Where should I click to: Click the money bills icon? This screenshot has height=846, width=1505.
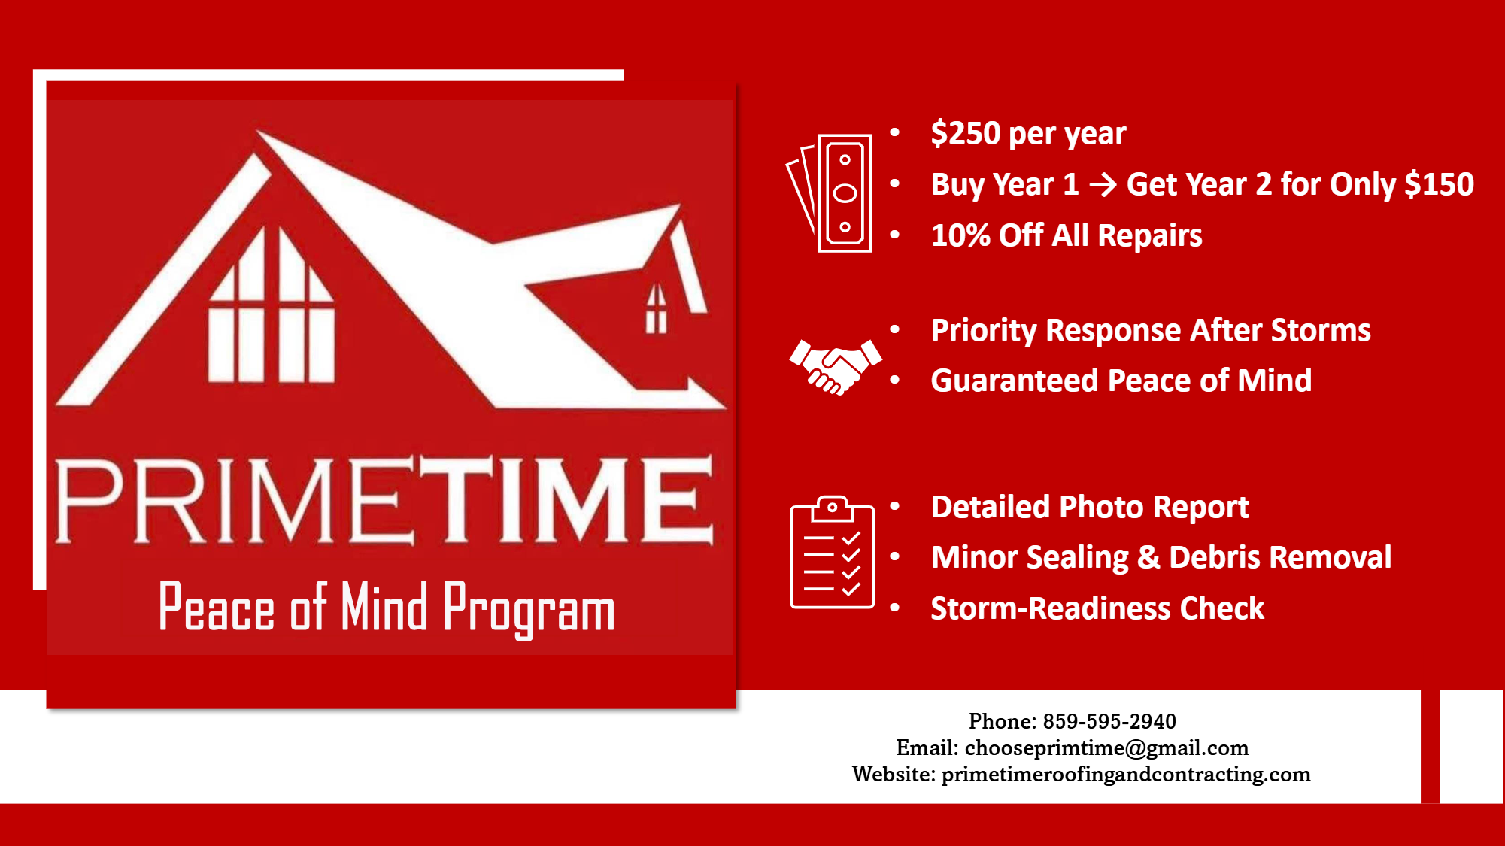pyautogui.click(x=831, y=193)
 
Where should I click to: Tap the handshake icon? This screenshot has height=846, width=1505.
pyautogui.click(x=835, y=367)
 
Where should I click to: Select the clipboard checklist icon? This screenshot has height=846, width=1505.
pyautogui.click(x=832, y=552)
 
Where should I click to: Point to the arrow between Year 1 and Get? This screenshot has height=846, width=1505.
pyautogui.click(x=1103, y=185)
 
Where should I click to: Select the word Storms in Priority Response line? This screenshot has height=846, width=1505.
pyautogui.click(x=1321, y=330)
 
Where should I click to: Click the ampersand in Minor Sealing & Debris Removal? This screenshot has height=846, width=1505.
pyautogui.click(x=1148, y=558)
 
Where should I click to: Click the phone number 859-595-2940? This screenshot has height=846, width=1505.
pyautogui.click(x=1109, y=721)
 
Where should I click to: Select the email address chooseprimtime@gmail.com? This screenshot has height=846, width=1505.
pyautogui.click(x=1106, y=747)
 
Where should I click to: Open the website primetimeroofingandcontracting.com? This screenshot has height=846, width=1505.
pyautogui.click(x=1126, y=774)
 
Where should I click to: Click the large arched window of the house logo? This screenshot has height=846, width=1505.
pyautogui.click(x=272, y=305)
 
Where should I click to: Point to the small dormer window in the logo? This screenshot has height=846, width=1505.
pyautogui.click(x=657, y=308)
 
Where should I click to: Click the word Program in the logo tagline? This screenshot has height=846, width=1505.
pyautogui.click(x=529, y=608)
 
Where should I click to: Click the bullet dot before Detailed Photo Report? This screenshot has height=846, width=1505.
pyautogui.click(x=895, y=506)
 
